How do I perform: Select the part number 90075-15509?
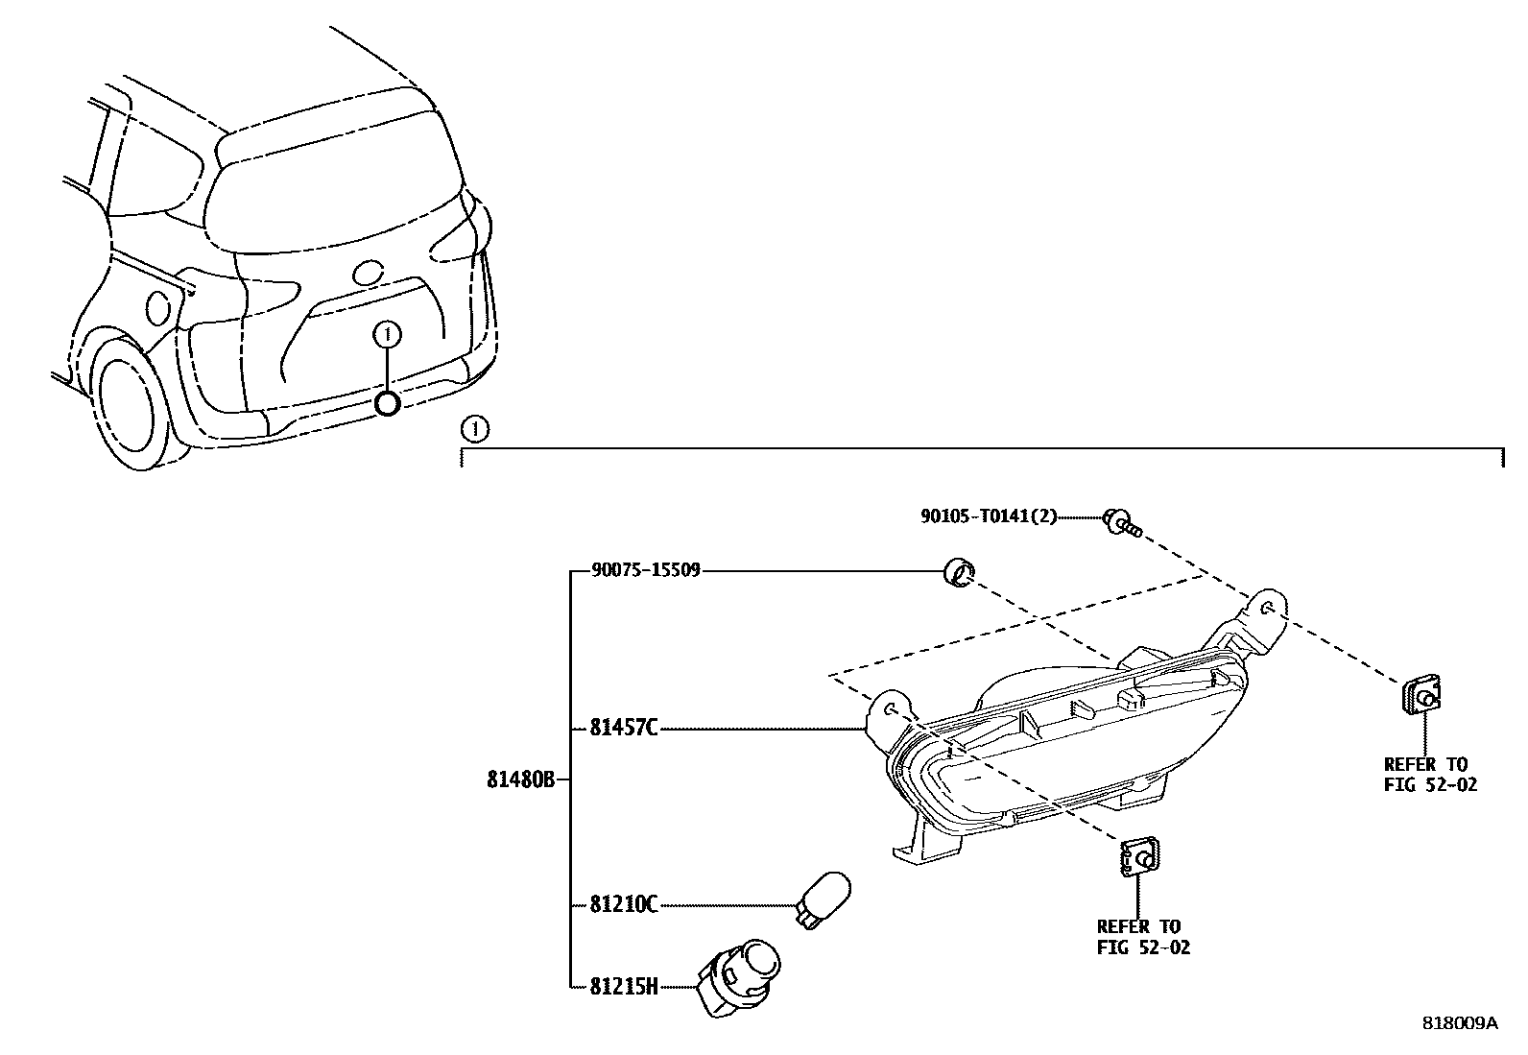646,571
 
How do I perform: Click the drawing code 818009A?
1459,1022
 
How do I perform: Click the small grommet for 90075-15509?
957,573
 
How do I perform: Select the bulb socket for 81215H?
740,975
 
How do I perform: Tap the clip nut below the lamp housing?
1137,856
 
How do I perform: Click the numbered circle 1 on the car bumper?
387,334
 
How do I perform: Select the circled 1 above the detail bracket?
474,429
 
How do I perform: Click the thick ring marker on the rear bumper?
387,404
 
